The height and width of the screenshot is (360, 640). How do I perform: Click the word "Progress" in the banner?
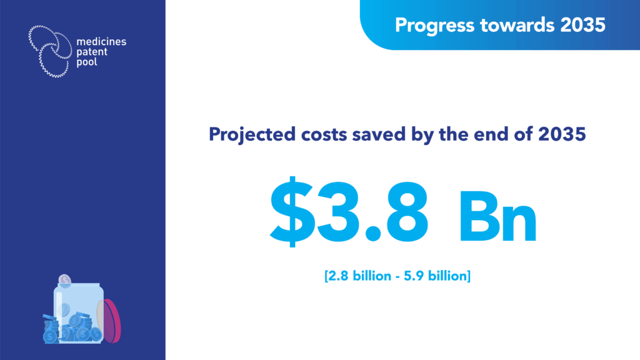[x=434, y=25]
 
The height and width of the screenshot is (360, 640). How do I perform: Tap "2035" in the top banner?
[x=583, y=25]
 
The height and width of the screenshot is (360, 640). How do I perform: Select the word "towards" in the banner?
[x=517, y=25]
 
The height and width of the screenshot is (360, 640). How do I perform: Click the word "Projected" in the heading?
[x=252, y=135]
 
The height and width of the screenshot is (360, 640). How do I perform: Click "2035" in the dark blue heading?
[x=562, y=134]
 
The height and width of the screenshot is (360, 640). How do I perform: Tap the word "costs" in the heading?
[x=324, y=135]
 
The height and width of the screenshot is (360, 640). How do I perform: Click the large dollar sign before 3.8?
[x=292, y=211]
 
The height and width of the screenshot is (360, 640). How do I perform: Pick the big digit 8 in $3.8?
[x=404, y=211]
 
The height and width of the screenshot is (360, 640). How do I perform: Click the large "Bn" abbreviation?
[x=498, y=217]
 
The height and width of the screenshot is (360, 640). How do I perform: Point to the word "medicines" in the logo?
[x=101, y=42]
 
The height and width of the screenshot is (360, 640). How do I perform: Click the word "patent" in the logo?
[x=92, y=52]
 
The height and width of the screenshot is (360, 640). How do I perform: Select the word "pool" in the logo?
[x=87, y=62]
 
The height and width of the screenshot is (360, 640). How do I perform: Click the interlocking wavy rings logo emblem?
[x=50, y=51]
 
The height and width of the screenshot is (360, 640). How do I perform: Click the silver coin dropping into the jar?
[x=64, y=281]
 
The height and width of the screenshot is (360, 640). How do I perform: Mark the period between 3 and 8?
[x=372, y=234]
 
